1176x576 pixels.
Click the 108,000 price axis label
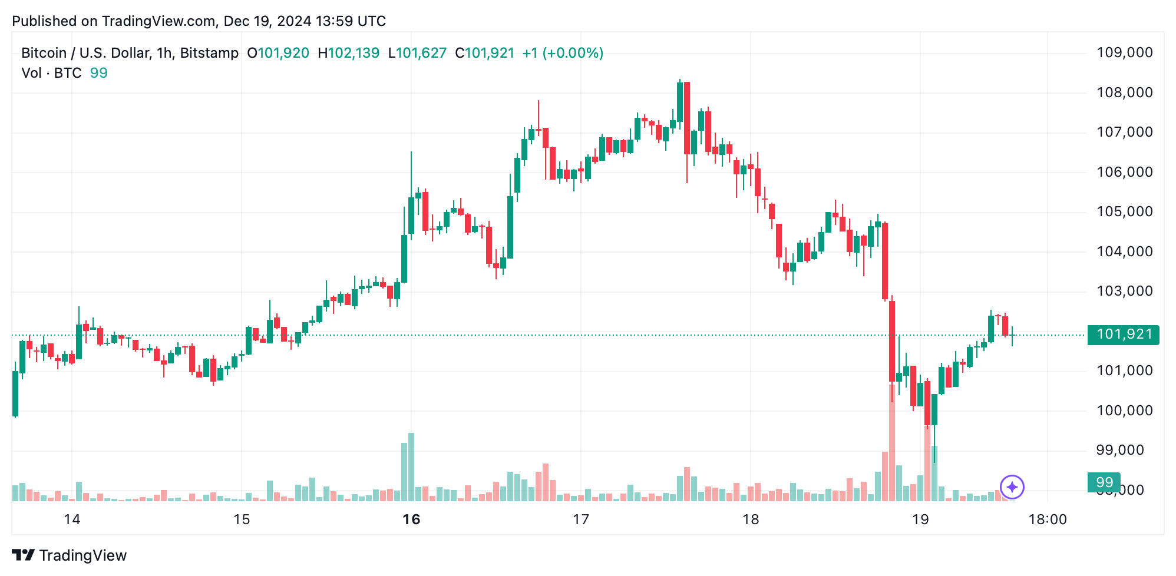coord(1124,92)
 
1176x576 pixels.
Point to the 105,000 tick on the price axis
coord(1124,211)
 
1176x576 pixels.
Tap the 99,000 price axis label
coord(1119,450)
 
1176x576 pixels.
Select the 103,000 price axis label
coord(1124,291)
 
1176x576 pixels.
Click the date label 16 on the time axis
coord(411,519)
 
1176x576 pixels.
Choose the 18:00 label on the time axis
coord(1047,519)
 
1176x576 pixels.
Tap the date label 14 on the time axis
coord(72,519)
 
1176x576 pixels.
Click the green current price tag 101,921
coord(1123,335)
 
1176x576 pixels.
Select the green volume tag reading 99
coord(1104,482)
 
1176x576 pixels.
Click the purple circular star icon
coord(1012,487)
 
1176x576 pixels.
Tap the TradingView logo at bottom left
coord(70,555)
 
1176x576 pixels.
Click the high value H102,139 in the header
coord(348,53)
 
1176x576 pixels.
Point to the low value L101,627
coord(417,53)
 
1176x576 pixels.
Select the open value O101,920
coord(278,53)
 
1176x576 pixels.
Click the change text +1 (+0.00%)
coord(563,53)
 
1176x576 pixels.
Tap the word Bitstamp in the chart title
coord(209,53)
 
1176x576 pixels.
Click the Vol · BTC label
coord(51,73)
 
